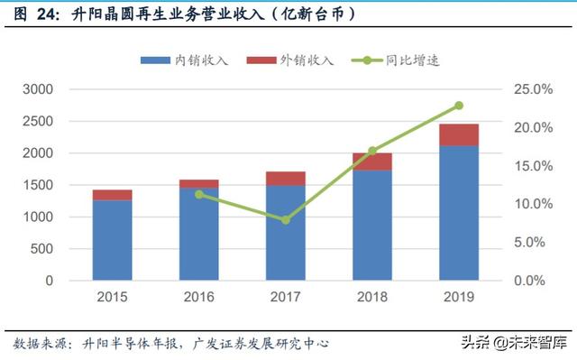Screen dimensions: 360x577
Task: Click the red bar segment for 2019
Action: click(459, 134)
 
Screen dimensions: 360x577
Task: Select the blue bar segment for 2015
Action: click(113, 240)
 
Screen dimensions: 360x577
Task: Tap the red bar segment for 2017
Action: click(286, 178)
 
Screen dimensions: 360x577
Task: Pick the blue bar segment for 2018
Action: click(372, 225)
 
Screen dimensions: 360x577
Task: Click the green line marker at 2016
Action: click(199, 194)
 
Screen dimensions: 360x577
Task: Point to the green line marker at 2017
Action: click(286, 220)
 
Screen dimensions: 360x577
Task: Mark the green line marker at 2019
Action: click(459, 106)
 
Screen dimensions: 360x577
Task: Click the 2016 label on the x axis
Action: click(199, 297)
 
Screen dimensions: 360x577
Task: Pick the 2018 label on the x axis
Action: click(372, 297)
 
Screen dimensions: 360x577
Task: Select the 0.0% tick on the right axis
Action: click(533, 281)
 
